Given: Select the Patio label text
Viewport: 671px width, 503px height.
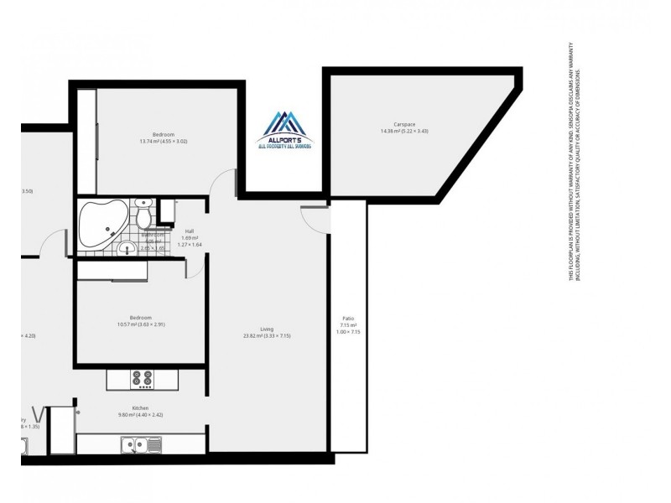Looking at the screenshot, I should [348, 319].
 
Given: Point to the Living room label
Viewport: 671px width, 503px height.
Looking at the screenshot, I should [267, 329].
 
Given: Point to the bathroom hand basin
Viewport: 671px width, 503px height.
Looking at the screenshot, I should [127, 248].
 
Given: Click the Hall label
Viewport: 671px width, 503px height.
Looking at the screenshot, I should [190, 231].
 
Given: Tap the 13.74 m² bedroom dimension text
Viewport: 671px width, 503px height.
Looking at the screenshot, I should [163, 142].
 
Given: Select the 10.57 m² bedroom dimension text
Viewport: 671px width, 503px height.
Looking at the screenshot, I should [140, 324].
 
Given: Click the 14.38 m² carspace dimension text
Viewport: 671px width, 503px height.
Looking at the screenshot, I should [404, 131].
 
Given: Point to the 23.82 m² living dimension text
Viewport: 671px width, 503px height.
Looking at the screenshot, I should [267, 335].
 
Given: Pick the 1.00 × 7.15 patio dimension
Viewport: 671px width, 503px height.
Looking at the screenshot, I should [348, 332].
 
